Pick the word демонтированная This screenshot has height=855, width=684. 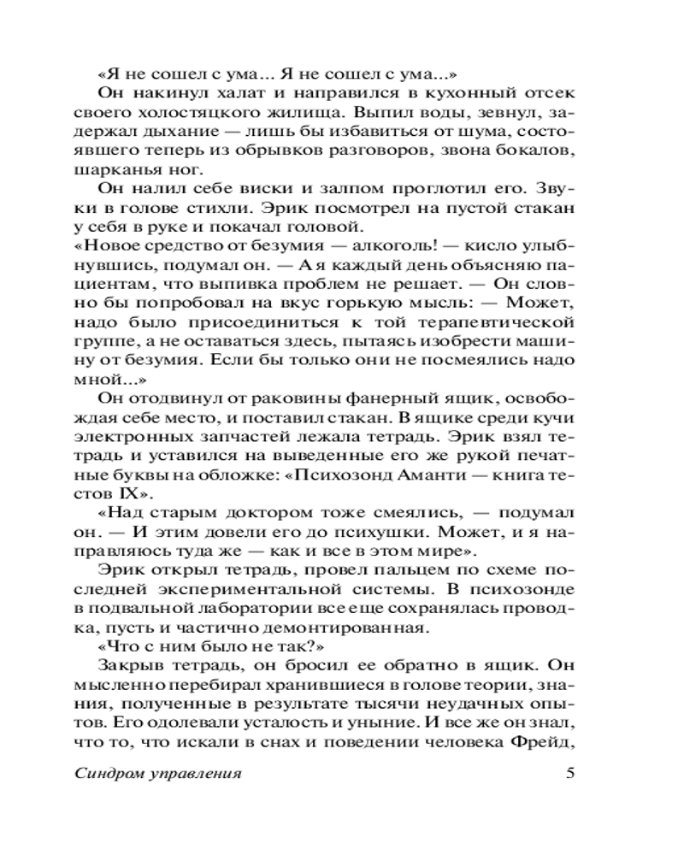(364, 629)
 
